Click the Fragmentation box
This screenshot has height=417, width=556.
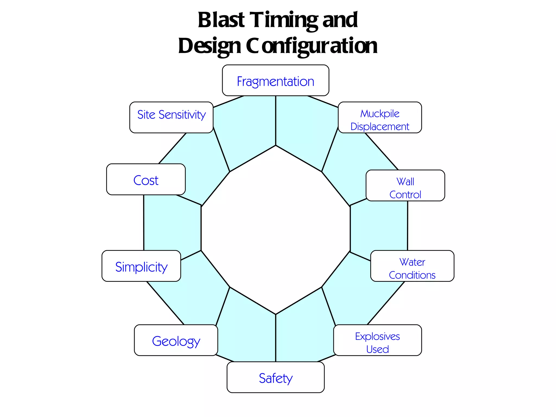tap(275, 81)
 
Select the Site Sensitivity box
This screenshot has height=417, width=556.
tap(171, 118)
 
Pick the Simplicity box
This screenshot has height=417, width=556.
tap(141, 266)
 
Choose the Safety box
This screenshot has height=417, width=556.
tap(275, 377)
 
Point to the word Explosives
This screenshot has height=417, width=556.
tap(377, 337)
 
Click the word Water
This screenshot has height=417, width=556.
tap(412, 262)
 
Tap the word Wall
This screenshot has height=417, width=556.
tap(405, 181)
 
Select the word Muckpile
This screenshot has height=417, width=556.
tap(380, 113)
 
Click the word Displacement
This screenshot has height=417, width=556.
tap(380, 127)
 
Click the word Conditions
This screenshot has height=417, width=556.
tap(412, 275)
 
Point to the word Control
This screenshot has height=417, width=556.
tap(405, 194)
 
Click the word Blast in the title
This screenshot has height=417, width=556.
tap(221, 20)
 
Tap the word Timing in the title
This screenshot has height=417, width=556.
tap(285, 21)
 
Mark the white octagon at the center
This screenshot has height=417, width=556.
tap(276, 229)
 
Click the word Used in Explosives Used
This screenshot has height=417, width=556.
tap(377, 349)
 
